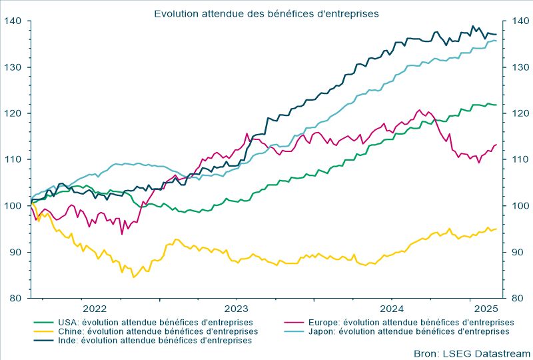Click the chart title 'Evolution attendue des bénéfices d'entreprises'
click(x=266, y=13)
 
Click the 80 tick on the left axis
click(x=17, y=298)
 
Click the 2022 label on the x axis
click(x=94, y=308)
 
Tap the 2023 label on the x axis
click(x=237, y=308)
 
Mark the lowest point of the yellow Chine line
click(x=134, y=277)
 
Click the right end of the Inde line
click(x=496, y=34)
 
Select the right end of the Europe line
click(x=496, y=145)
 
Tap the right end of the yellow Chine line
click(x=496, y=229)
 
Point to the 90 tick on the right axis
click(x=516, y=252)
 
